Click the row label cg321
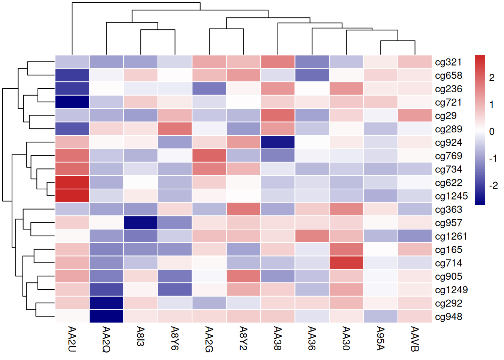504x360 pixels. tap(448, 62)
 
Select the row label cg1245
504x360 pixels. tap(451, 196)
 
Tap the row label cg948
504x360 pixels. tap(448, 317)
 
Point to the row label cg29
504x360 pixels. tap(445, 116)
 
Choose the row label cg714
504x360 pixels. tap(448, 263)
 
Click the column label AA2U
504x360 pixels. tap(72, 339)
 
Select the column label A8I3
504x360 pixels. tap(141, 336)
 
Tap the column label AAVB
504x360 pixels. tap(415, 339)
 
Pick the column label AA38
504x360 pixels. tap(277, 338)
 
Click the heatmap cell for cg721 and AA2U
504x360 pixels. tap(72, 102)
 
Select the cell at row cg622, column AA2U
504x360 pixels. tap(72, 183)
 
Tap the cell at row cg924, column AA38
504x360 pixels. tap(277, 142)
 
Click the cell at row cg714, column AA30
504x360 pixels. tap(346, 263)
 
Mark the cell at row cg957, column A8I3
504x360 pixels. tap(141, 223)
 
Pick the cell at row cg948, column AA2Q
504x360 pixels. tap(106, 316)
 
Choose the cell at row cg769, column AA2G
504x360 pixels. tap(209, 156)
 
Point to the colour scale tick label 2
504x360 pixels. tap(492, 78)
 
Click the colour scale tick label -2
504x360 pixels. tap(493, 186)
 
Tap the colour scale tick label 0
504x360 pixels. tap(492, 132)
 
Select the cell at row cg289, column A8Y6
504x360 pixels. tap(175, 129)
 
